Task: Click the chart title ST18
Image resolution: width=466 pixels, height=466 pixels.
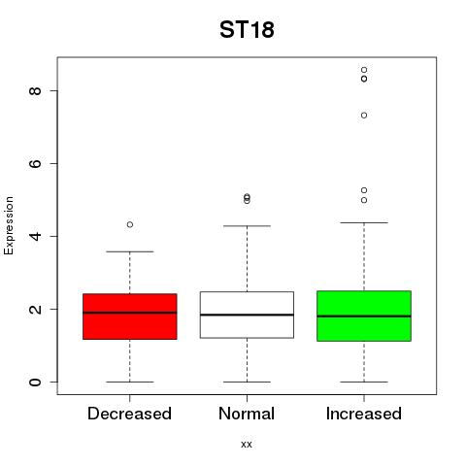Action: pos(247,29)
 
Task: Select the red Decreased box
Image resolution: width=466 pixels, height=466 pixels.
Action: pos(130,316)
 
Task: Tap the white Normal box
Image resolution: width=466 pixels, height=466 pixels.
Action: pos(247,315)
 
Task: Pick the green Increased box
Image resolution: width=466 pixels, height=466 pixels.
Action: pos(364,316)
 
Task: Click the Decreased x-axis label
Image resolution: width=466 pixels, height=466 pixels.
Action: pos(129,414)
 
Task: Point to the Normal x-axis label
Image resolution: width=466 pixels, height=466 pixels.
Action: pos(247,414)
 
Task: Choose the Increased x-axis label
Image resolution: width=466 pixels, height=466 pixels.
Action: pos(364,414)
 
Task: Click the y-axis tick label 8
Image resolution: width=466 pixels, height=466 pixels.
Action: pos(35,90)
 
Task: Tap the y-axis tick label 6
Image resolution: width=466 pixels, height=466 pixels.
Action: pos(35,163)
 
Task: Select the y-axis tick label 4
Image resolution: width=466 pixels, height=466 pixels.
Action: pos(35,236)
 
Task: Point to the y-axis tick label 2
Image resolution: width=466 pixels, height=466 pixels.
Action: pos(35,309)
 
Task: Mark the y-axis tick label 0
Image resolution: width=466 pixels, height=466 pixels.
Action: pos(35,382)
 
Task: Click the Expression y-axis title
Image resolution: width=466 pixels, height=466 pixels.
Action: pos(9,225)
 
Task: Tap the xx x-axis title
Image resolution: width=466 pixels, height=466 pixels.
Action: pos(247,445)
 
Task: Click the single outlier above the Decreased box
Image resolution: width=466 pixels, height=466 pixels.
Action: pos(130,224)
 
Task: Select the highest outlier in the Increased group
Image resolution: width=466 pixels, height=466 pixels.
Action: pos(364,70)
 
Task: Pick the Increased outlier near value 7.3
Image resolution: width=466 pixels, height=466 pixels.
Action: pos(364,116)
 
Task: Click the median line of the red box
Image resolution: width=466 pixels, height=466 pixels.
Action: pos(130,313)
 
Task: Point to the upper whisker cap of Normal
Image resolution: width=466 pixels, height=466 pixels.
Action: pos(247,226)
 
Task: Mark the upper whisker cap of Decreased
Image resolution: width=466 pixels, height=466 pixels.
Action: pos(130,251)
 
